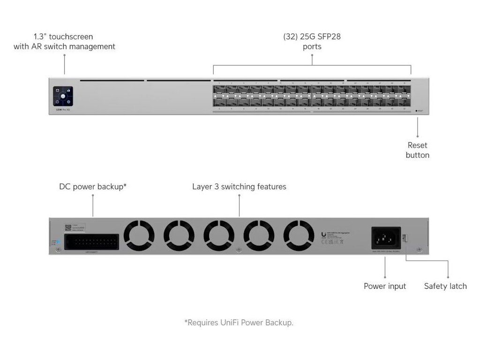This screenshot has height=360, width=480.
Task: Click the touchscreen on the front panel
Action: point(63,96)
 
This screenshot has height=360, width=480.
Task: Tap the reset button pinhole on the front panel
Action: point(416,111)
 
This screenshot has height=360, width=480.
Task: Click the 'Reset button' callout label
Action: point(417,150)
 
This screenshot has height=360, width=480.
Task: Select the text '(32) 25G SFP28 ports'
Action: point(312,41)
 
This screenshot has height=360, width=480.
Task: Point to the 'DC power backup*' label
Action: point(93,187)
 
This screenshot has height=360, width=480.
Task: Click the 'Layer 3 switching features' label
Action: point(239,187)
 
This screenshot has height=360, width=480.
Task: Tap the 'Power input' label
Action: point(385,286)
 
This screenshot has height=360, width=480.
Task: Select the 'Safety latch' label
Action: point(445,286)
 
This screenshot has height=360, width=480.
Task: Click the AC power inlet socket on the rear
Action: point(385,238)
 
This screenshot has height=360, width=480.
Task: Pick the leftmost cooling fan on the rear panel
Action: point(139,236)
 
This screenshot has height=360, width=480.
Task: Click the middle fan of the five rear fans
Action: point(219,236)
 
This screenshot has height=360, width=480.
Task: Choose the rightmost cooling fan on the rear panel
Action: point(299,236)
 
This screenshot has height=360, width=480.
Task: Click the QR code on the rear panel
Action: point(68,227)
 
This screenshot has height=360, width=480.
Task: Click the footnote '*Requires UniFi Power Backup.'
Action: point(239,322)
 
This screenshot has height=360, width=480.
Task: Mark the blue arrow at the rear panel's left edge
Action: point(58,242)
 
